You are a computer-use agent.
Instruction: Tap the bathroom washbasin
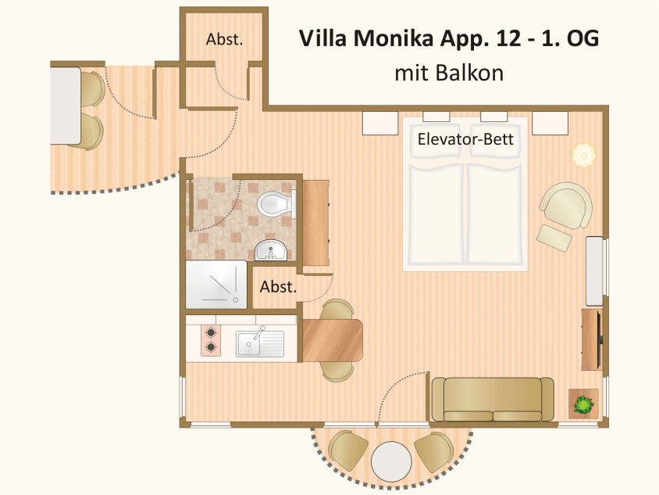(x=271, y=251)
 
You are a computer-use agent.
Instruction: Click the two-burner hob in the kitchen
(x=211, y=339)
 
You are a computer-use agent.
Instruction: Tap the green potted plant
(x=582, y=404)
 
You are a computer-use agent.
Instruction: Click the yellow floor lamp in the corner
(x=582, y=155)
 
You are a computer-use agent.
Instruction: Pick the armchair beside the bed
(x=566, y=205)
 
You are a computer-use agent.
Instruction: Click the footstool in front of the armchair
(x=554, y=237)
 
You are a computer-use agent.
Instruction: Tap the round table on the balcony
(x=391, y=462)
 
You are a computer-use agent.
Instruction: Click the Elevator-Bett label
(x=465, y=140)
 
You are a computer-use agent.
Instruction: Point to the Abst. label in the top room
(x=224, y=40)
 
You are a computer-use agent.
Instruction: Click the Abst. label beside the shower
(x=279, y=287)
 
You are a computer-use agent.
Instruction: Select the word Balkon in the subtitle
(x=471, y=74)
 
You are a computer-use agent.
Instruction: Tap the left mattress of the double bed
(x=434, y=211)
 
